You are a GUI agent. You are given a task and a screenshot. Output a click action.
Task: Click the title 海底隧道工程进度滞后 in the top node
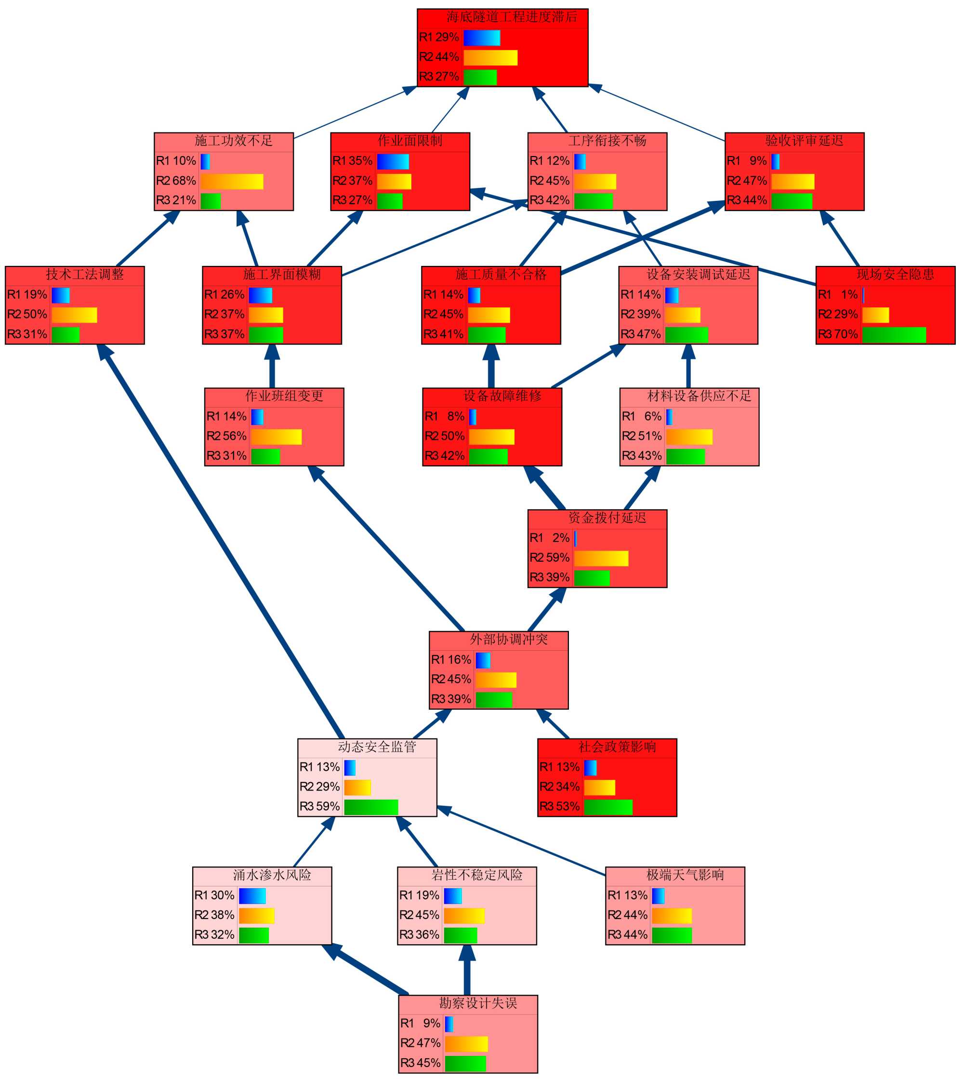coord(511,17)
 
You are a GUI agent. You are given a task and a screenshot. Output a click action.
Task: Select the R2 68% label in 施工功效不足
coord(176,181)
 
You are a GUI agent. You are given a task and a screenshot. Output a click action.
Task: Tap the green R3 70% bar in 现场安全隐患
coord(894,335)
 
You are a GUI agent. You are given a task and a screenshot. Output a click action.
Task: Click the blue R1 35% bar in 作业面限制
coord(393,161)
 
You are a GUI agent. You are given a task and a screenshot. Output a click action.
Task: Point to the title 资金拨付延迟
coord(607,518)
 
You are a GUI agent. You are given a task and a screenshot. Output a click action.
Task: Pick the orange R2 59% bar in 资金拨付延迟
coord(601,558)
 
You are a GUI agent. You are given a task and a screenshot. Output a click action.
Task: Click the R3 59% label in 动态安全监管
coord(319,807)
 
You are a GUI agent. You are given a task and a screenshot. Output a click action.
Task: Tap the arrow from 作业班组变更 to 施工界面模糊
coord(272,366)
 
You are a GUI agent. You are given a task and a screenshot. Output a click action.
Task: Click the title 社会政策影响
coord(617,747)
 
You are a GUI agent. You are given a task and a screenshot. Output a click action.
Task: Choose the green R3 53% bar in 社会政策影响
coord(608,807)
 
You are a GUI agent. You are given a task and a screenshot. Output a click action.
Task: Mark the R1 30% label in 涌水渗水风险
coord(214,896)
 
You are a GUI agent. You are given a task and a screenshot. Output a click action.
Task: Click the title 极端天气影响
coord(685,875)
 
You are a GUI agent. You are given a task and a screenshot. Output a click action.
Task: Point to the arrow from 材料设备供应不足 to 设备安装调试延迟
coord(688,366)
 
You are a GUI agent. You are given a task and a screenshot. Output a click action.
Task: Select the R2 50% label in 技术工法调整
coord(27,314)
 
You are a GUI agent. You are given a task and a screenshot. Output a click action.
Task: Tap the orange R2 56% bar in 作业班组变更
coord(276,437)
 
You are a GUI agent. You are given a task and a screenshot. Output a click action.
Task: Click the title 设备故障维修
coord(502,396)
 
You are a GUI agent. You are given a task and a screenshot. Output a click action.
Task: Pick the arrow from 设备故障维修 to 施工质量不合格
coord(491,366)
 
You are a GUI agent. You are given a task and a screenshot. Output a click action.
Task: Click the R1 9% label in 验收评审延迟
coord(747,161)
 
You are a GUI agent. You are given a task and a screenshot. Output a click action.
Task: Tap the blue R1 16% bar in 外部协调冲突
coord(483,660)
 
